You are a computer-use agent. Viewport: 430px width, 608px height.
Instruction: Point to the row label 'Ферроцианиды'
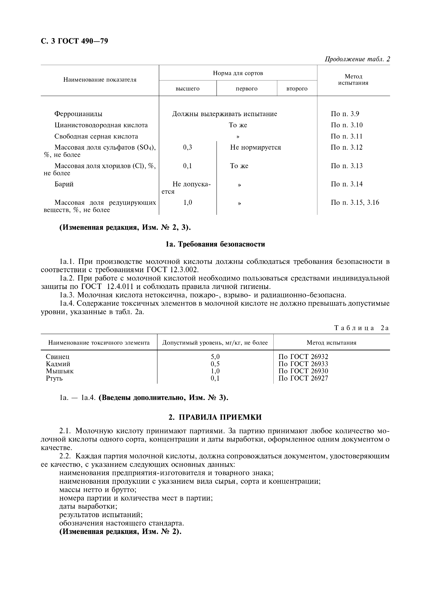pos(78,114)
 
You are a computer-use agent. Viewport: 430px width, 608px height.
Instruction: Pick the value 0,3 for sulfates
pos(187,147)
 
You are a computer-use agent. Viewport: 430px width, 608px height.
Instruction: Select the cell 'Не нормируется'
pos(255,147)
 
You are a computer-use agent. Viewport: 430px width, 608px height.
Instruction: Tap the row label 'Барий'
pos(64,184)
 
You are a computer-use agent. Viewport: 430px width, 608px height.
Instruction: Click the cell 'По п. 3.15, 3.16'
pos(355,202)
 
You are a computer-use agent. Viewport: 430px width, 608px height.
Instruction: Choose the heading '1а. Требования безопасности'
pos(215,244)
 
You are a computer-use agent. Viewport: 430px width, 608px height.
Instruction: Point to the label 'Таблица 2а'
pos(362,328)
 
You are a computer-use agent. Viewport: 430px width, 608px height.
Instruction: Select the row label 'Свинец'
pos(57,356)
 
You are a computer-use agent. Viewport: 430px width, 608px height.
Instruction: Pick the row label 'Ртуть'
pos(54,378)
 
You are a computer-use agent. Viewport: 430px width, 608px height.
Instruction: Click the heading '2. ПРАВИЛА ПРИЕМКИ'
pos(215,417)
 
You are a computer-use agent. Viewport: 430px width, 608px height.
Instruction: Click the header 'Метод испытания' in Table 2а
pos(331,343)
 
